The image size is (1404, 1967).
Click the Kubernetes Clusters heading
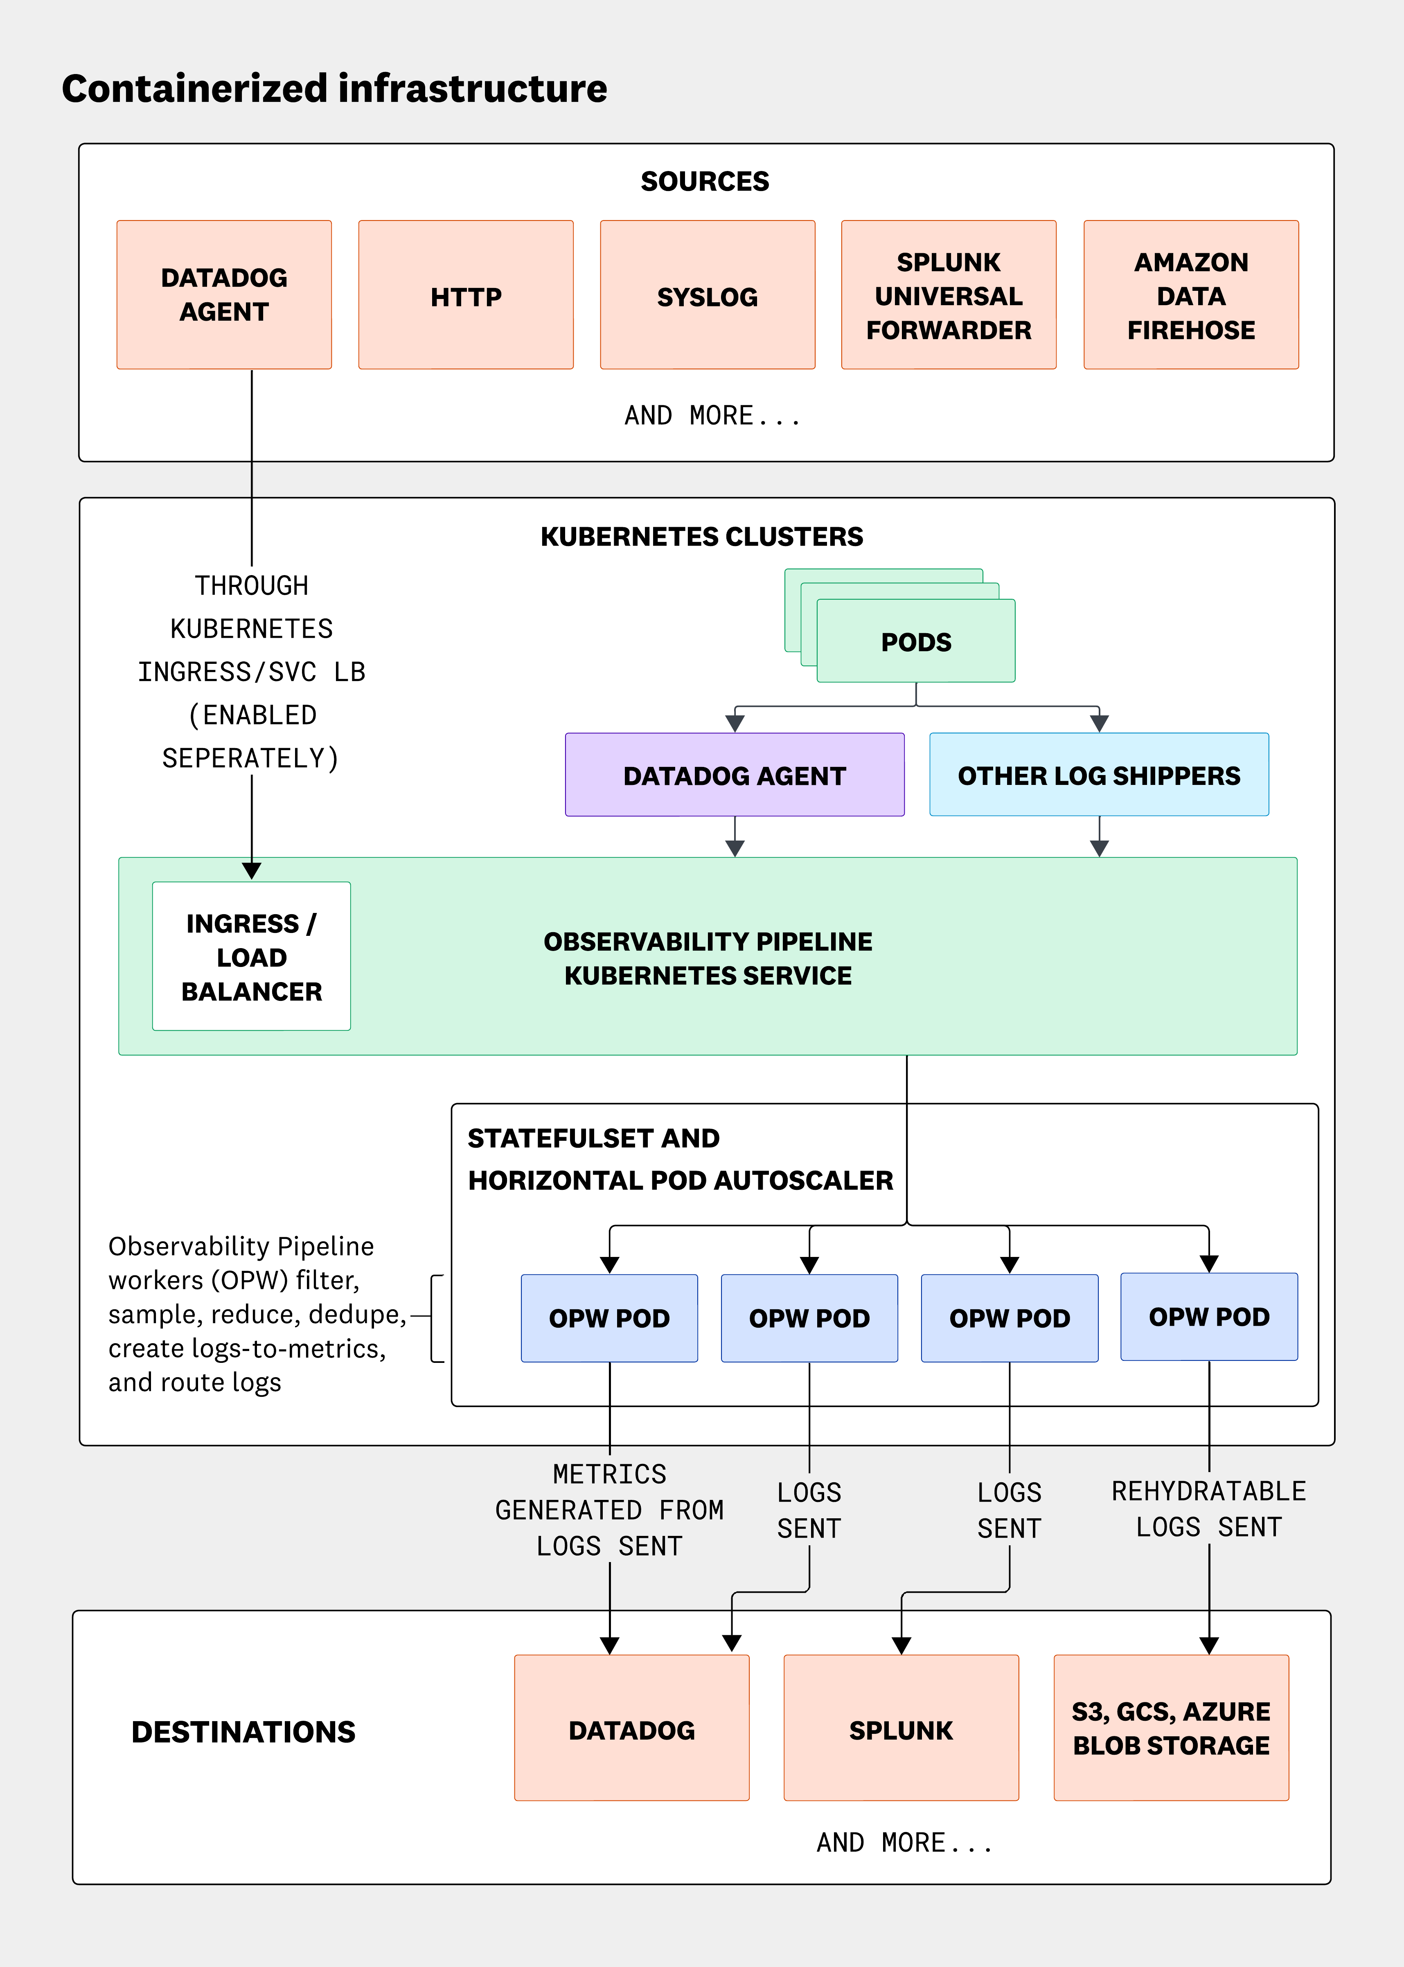701,537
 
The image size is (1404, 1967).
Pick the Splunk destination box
901,1729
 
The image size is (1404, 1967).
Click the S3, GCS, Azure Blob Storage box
1171,1729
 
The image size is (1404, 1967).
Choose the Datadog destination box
631,1729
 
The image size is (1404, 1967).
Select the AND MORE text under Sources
712,416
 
